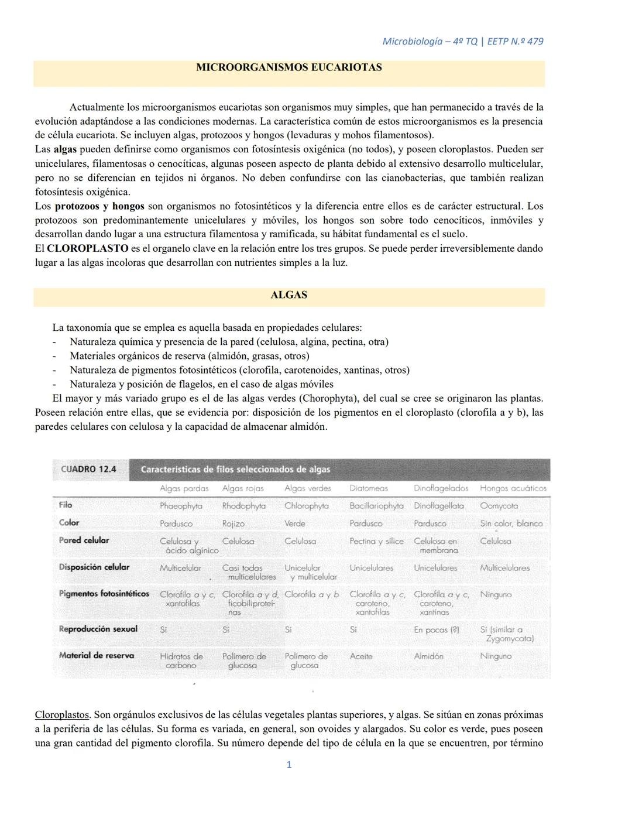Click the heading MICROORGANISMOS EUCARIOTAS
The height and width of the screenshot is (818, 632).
click(288, 67)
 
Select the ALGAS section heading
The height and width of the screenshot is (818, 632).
click(288, 295)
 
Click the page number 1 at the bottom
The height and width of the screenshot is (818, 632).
click(289, 765)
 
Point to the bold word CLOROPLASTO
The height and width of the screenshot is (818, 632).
click(88, 248)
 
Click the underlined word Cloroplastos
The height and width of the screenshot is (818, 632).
click(62, 715)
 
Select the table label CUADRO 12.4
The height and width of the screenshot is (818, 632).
click(89, 469)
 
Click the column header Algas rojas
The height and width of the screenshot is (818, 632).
click(243, 488)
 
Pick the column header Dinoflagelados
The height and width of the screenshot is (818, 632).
click(441, 488)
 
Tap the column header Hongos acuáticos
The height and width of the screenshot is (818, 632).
click(513, 488)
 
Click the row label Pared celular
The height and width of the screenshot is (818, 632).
click(84, 540)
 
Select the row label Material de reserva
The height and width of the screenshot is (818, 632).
click(97, 656)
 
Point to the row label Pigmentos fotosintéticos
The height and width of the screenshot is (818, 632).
click(104, 594)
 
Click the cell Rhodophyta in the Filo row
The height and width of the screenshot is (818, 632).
click(244, 506)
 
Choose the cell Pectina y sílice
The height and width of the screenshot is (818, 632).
click(376, 541)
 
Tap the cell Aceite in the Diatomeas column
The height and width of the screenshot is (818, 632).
click(361, 656)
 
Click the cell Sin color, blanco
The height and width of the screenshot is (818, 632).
click(511, 523)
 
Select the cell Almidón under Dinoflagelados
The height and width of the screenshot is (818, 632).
click(429, 656)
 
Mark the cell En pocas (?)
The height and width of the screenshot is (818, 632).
click(437, 630)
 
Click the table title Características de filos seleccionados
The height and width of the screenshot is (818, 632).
click(236, 470)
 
